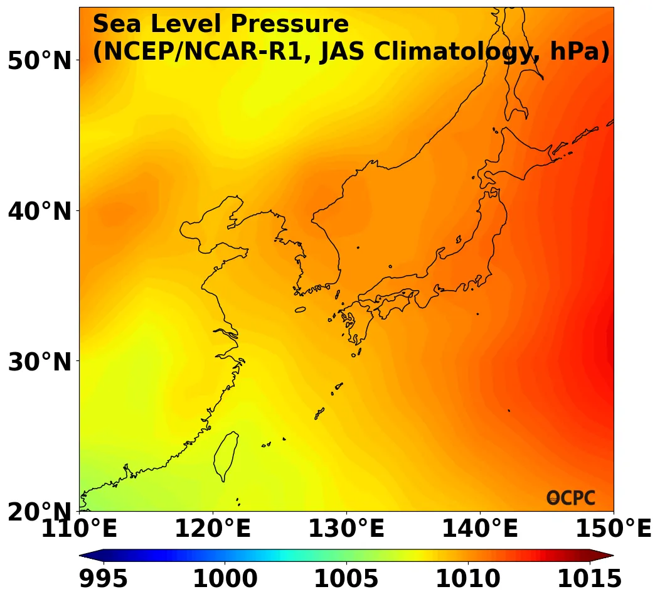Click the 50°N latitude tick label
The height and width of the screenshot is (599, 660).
pos(40,61)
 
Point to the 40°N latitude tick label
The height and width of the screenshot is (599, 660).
pos(40,212)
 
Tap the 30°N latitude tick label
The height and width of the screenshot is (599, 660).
pos(40,362)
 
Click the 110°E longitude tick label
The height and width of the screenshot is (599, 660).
pos(79,529)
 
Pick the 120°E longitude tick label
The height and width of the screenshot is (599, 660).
pos(213,529)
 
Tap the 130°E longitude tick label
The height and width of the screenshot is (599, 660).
pos(346,529)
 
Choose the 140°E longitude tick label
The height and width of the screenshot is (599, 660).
pos(480,529)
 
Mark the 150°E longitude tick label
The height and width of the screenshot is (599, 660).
pos(614,529)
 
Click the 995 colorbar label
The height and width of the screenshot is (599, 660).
pos(104,579)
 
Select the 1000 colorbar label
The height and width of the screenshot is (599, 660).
pos(225,579)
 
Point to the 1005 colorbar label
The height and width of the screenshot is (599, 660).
pos(346,579)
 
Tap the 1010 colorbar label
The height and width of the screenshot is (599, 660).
pos(468,579)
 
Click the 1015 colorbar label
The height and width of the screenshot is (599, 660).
pos(589,579)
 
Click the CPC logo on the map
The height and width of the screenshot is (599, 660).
pos(571,498)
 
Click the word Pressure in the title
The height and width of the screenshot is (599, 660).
pos(288,24)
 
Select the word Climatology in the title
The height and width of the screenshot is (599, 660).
pos(426,52)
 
